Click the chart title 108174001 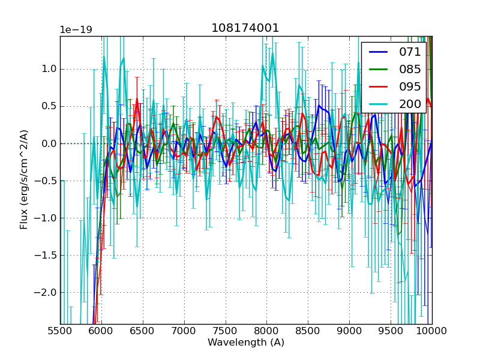point(245,28)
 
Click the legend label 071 point(410,52)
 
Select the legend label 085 point(410,70)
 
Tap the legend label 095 point(410,86)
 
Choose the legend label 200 point(410,104)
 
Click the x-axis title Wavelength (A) point(246,343)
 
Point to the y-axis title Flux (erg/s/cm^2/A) point(25,179)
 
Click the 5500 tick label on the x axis point(60,331)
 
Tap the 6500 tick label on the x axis point(143,331)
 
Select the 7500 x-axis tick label point(226,331)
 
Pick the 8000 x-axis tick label point(266,331)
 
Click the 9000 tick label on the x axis point(349,331)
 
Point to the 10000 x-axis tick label point(432,331)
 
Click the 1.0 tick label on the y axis point(49,69)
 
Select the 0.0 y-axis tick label point(49,143)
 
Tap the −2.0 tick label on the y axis point(46,292)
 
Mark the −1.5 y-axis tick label point(46,255)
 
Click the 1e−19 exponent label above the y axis point(76,30)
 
